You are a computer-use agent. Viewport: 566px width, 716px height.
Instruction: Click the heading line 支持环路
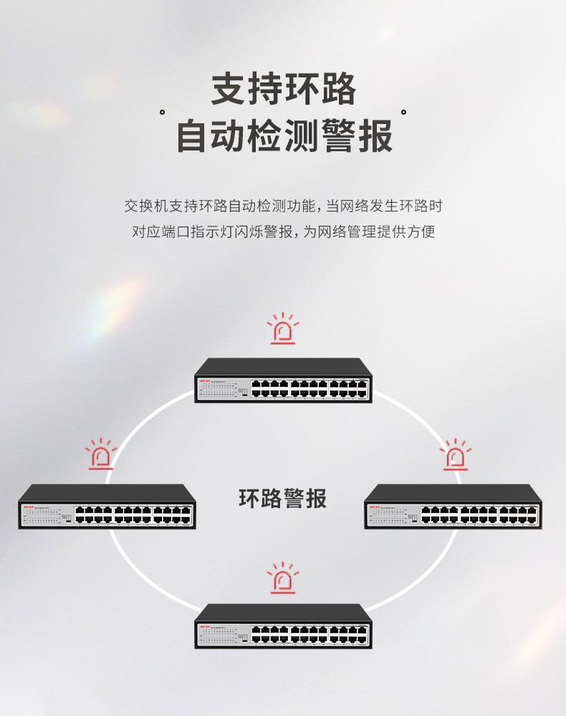tap(283, 90)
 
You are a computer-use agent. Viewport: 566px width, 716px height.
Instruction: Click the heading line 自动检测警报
tap(283, 136)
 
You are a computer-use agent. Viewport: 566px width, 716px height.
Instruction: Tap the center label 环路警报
tap(282, 498)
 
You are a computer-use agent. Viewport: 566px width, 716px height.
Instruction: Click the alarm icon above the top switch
tap(283, 330)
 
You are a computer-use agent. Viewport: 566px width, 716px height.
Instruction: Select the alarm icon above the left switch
tap(101, 455)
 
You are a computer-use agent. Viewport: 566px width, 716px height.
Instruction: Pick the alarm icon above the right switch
tap(454, 455)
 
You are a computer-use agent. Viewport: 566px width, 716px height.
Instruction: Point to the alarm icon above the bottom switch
tap(283, 578)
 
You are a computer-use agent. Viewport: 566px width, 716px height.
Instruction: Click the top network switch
tap(283, 380)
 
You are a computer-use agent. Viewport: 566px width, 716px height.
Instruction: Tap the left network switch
tap(107, 507)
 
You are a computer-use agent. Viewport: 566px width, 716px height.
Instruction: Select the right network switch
tap(453, 507)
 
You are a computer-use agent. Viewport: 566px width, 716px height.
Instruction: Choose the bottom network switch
tap(283, 626)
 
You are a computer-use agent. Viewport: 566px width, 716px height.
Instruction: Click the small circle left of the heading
tap(163, 113)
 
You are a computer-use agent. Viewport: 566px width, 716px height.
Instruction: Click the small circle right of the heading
tap(403, 113)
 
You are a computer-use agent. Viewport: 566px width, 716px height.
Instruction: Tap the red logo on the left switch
tap(28, 507)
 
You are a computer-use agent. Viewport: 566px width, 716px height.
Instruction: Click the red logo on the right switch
tap(374, 507)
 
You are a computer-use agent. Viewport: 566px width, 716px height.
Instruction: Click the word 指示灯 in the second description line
tap(208, 232)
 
